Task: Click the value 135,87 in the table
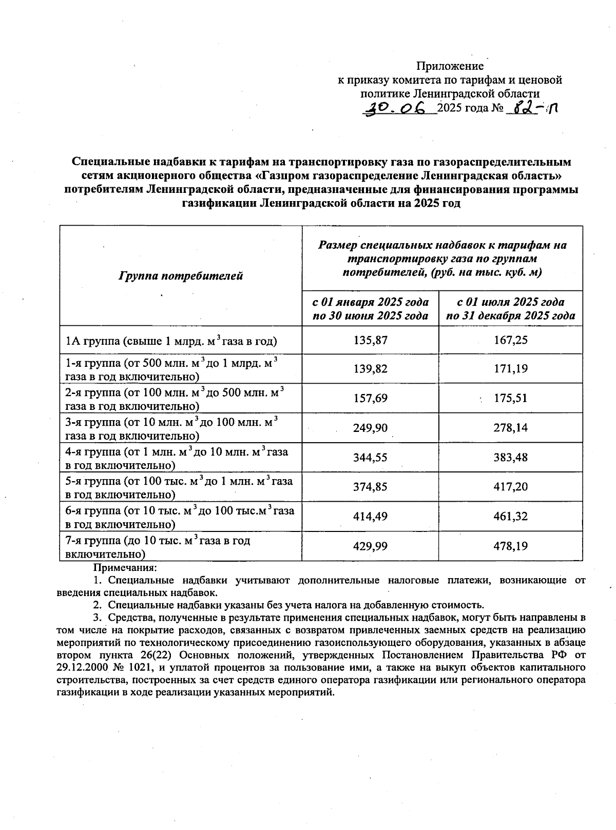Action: pyautogui.click(x=370, y=340)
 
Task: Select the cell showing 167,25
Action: pyautogui.click(x=510, y=340)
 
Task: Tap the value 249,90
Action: pyautogui.click(x=370, y=428)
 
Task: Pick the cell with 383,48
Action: pyautogui.click(x=510, y=457)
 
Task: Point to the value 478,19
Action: pyautogui.click(x=510, y=546)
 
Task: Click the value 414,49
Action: pyautogui.click(x=370, y=517)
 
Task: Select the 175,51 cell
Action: pyautogui.click(x=510, y=399)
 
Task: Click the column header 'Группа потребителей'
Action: pyautogui.click(x=181, y=276)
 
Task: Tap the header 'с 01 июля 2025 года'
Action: pyautogui.click(x=510, y=302)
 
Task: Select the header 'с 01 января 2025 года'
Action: pyautogui.click(x=370, y=302)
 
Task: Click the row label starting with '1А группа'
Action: pyautogui.click(x=171, y=341)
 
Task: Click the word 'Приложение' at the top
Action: pyautogui.click(x=450, y=66)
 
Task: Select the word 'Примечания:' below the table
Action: pyautogui.click(x=124, y=568)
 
